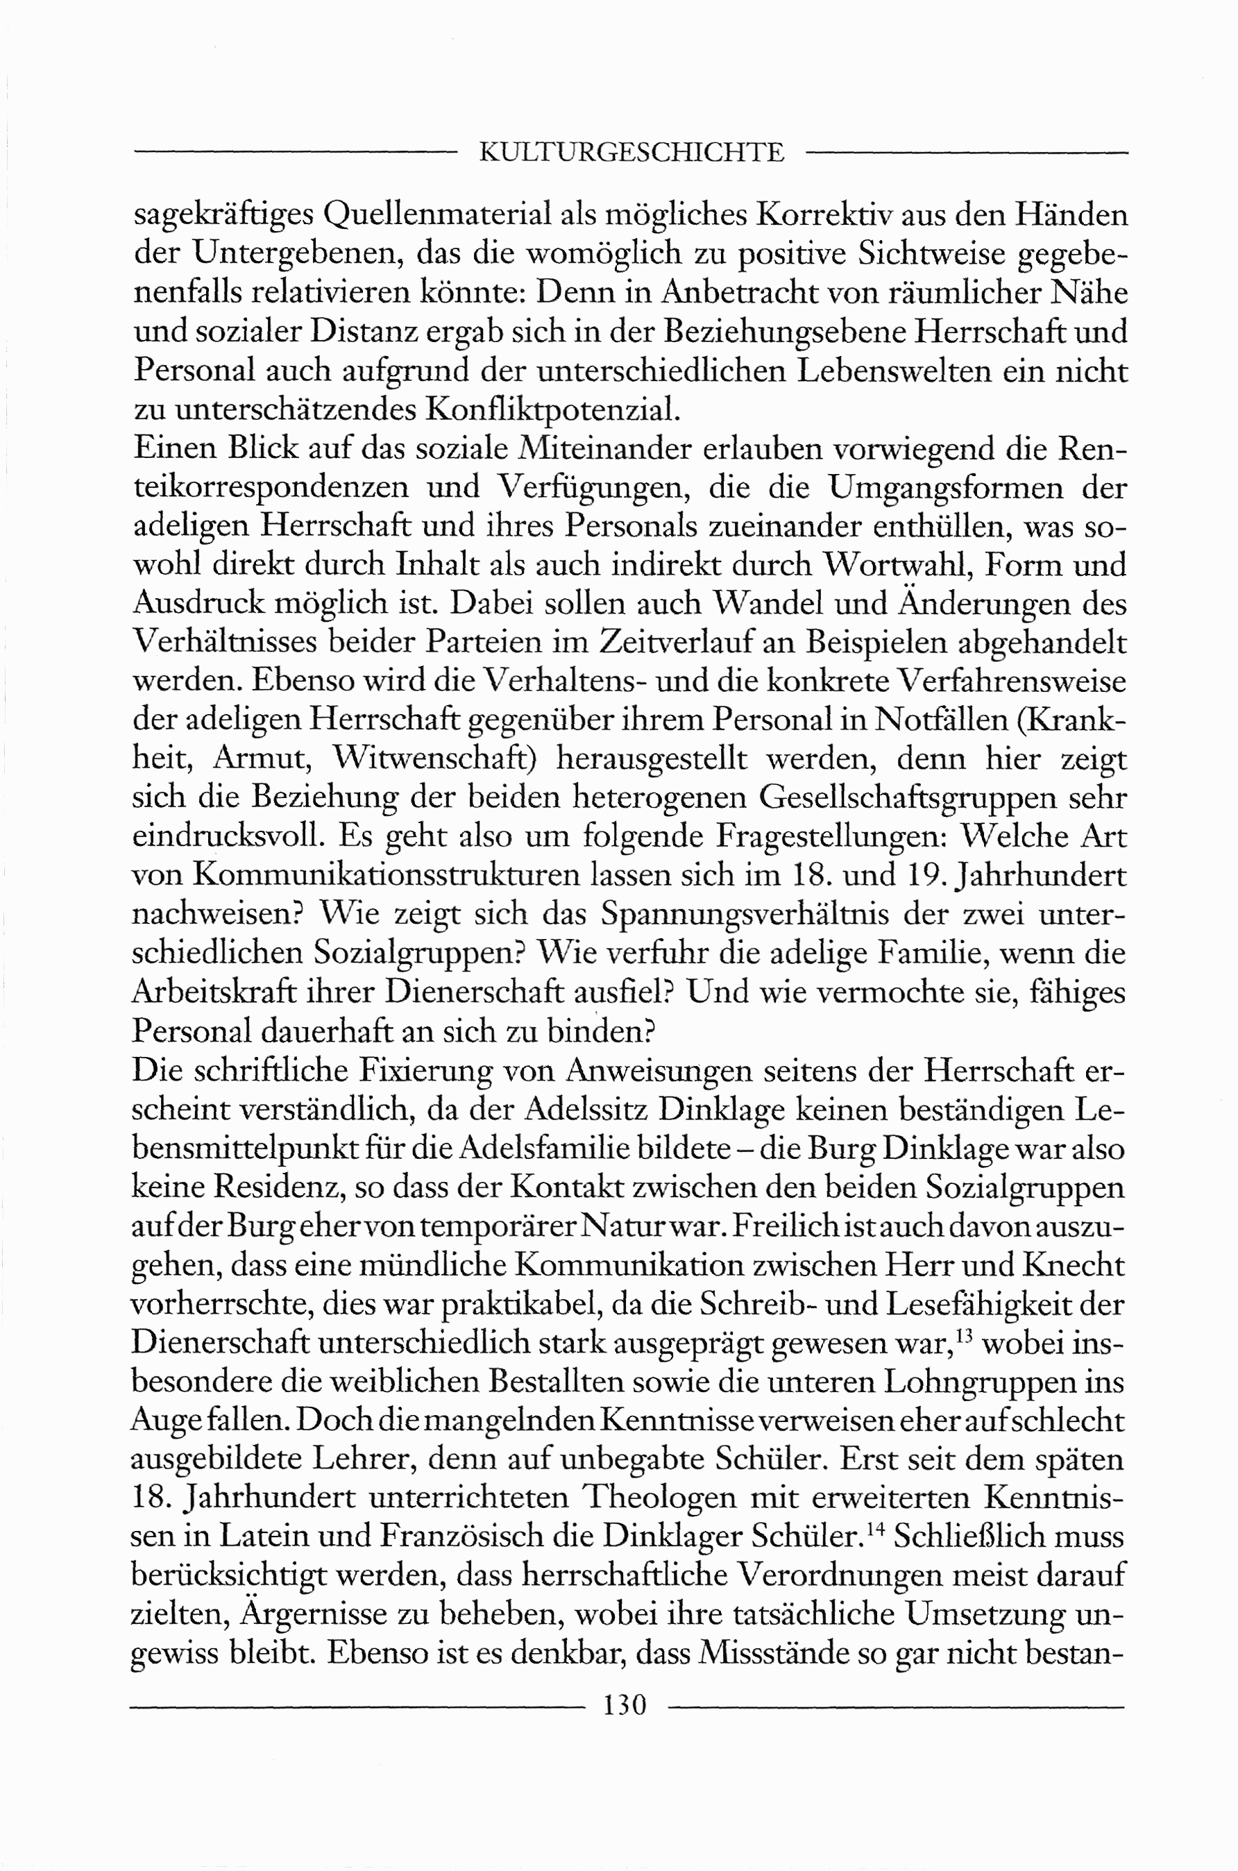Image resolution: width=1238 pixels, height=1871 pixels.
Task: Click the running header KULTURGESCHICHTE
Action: (x=631, y=153)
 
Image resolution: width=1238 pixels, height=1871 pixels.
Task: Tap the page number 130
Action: (x=625, y=1705)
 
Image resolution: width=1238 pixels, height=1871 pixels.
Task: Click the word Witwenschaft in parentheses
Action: (x=435, y=759)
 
